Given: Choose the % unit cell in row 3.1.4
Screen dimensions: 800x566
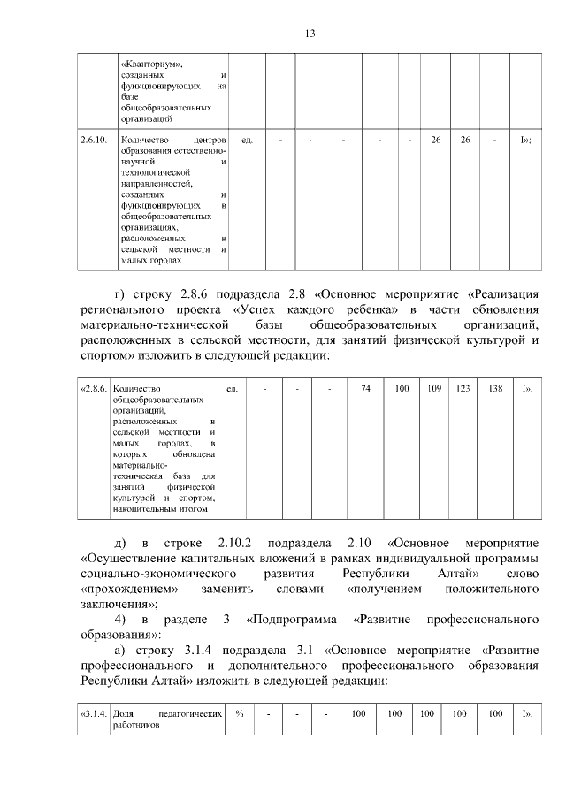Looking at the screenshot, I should [x=239, y=713].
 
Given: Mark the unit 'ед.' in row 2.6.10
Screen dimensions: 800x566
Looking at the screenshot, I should [x=248, y=141].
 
